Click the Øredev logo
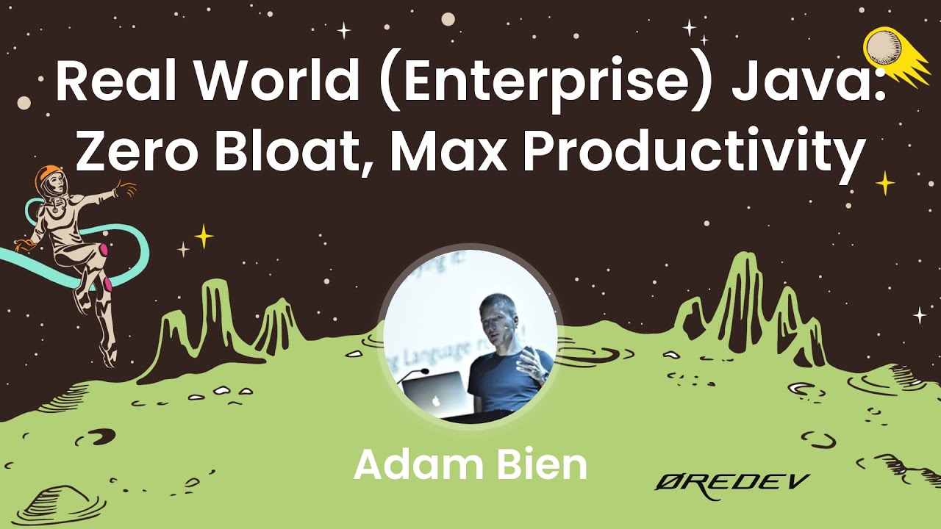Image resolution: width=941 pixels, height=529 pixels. [731, 485]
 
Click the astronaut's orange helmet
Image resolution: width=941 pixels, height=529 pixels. [49, 179]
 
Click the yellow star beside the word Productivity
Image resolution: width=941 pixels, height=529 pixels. [886, 182]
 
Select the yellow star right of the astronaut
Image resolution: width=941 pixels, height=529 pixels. [203, 237]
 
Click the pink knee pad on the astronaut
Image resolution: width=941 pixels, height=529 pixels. [104, 251]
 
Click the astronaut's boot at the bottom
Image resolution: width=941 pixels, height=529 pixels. [108, 356]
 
